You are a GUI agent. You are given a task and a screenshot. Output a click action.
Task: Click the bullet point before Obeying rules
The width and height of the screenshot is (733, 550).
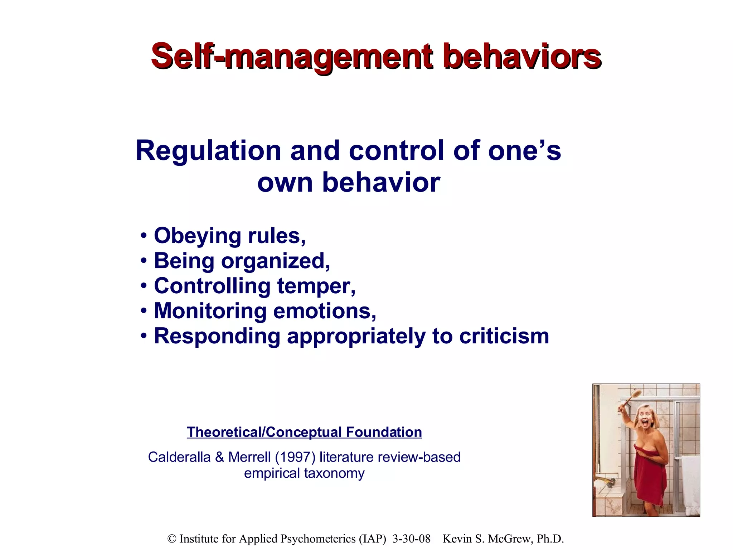pos(144,236)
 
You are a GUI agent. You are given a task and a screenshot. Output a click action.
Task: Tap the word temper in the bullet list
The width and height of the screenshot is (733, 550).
pos(316,286)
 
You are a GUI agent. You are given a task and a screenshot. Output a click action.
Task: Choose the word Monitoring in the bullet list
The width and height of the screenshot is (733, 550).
pos(210,311)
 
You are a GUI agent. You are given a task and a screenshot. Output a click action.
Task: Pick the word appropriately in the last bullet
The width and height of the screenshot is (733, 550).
pos(356,337)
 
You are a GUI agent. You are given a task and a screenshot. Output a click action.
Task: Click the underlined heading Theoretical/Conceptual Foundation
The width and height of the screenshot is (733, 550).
pos(304,432)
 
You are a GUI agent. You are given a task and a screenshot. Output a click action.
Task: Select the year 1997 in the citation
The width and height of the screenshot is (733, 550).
pos(295,457)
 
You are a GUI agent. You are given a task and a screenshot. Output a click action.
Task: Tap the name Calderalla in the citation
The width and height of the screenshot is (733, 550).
pos(179,457)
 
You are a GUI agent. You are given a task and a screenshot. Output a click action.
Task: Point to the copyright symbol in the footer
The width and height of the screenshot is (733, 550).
pos(172,539)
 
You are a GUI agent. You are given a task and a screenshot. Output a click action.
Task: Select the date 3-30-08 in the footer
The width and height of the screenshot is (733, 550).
pos(411,539)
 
